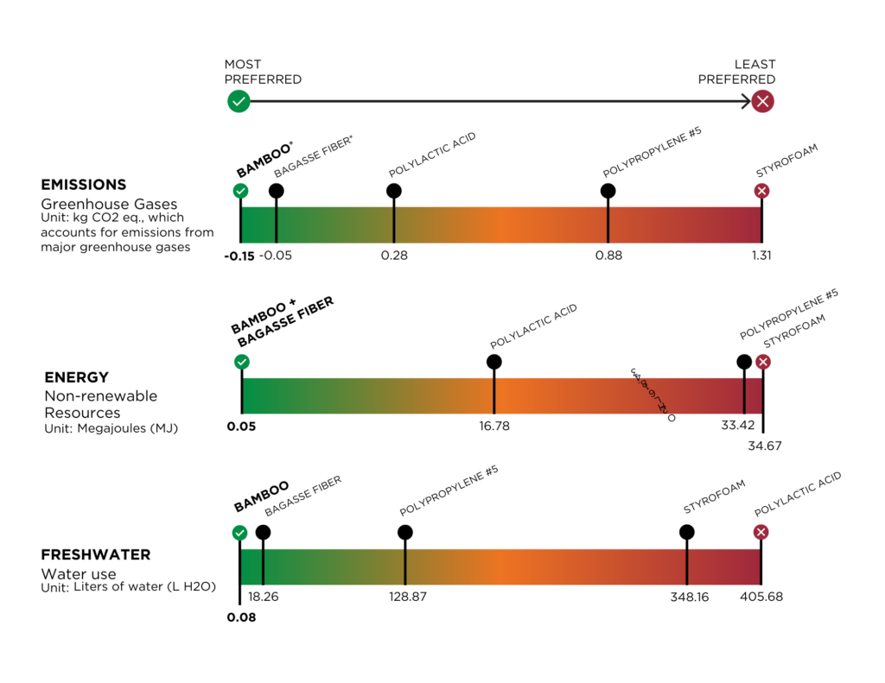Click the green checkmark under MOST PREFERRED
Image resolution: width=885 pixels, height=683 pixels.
[239, 102]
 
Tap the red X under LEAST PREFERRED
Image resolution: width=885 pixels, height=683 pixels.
[762, 102]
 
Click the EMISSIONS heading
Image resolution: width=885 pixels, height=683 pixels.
[84, 185]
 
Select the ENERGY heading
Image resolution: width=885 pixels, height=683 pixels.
[77, 377]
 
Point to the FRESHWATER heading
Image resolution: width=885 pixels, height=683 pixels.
[96, 554]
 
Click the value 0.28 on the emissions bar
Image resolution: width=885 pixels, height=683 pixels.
[394, 256]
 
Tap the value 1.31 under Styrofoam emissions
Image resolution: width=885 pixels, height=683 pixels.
[761, 256]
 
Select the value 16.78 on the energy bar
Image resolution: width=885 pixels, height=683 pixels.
[493, 427]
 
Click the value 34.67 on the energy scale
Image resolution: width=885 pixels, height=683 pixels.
[765, 446]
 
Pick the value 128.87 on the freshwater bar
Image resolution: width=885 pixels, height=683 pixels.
[404, 597]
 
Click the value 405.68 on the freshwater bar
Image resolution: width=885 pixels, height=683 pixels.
[761, 597]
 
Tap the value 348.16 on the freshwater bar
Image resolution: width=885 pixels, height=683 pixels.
[690, 597]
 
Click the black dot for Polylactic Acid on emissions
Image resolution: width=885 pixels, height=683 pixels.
[394, 191]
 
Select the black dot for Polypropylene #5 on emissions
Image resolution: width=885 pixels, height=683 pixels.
[608, 191]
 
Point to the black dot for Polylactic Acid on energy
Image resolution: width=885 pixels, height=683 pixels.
[493, 362]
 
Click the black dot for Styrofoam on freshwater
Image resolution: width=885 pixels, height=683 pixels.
[687, 533]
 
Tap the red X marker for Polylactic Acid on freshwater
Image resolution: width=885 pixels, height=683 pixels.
[761, 533]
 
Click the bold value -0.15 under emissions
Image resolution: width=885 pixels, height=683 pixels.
[239, 256]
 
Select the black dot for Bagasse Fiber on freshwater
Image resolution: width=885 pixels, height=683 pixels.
[263, 533]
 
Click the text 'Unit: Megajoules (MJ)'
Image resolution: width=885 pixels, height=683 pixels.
[111, 427]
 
